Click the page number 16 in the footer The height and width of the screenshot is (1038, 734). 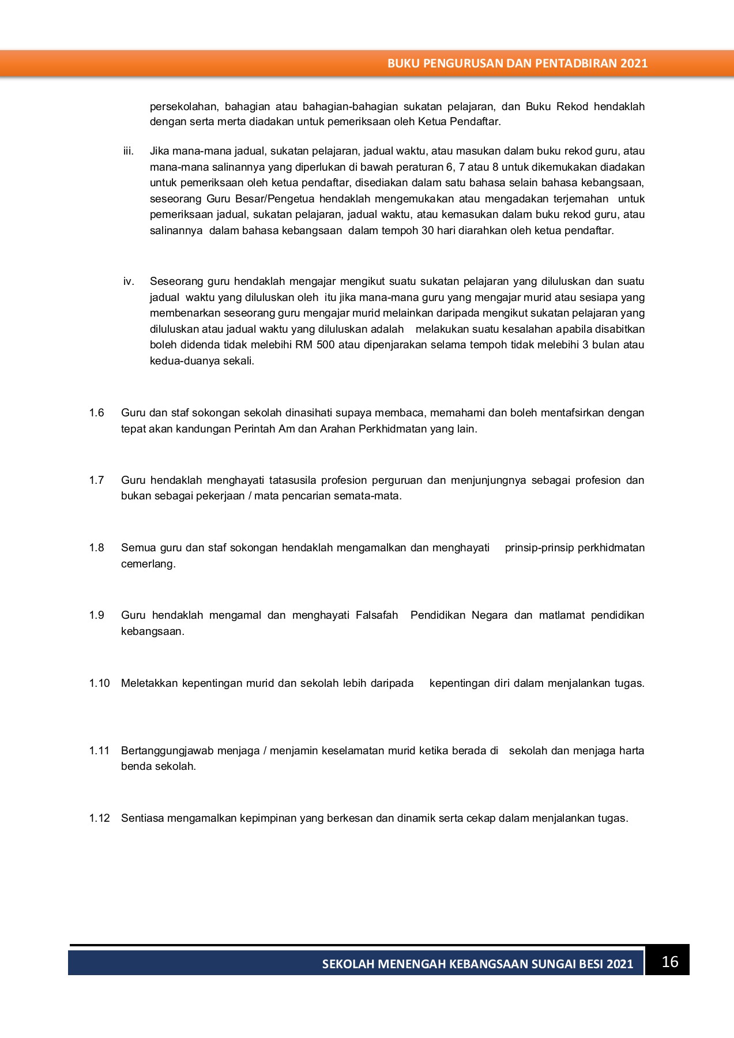pos(669,961)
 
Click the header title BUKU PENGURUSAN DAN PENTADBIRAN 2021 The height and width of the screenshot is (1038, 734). pos(517,63)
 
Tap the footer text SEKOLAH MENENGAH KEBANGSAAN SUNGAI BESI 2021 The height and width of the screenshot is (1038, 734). pos(477,964)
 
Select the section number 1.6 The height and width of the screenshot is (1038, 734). pos(96,413)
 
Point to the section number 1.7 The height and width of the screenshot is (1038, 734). pos(96,480)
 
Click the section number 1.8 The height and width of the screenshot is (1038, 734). pos(96,548)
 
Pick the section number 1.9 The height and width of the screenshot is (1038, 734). pos(96,615)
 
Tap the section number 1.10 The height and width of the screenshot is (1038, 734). pos(99,683)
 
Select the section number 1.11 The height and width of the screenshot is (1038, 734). pos(99,751)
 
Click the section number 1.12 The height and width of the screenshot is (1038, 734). pos(99,818)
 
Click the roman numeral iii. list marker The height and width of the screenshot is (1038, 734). pos(128,151)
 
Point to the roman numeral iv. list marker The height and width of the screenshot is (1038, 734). pos(129,281)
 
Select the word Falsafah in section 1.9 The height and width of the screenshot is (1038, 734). pos(377,615)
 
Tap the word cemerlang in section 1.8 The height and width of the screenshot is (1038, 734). pos(148,564)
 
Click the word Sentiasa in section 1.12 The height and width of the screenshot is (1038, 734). pos(142,818)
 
